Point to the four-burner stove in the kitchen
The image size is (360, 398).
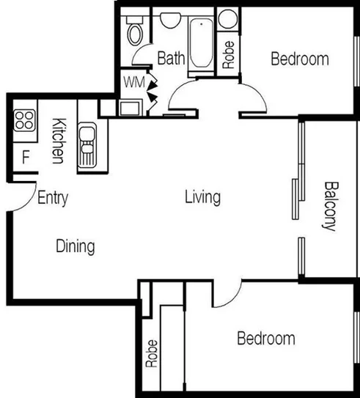click(23, 119)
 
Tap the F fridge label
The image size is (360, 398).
click(25, 156)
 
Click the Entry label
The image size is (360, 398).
click(52, 197)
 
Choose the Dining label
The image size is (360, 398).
click(76, 246)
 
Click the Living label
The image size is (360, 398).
click(202, 196)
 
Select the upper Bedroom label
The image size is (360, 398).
click(300, 59)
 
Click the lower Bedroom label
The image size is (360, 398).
click(265, 338)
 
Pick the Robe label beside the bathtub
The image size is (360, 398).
click(228, 55)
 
